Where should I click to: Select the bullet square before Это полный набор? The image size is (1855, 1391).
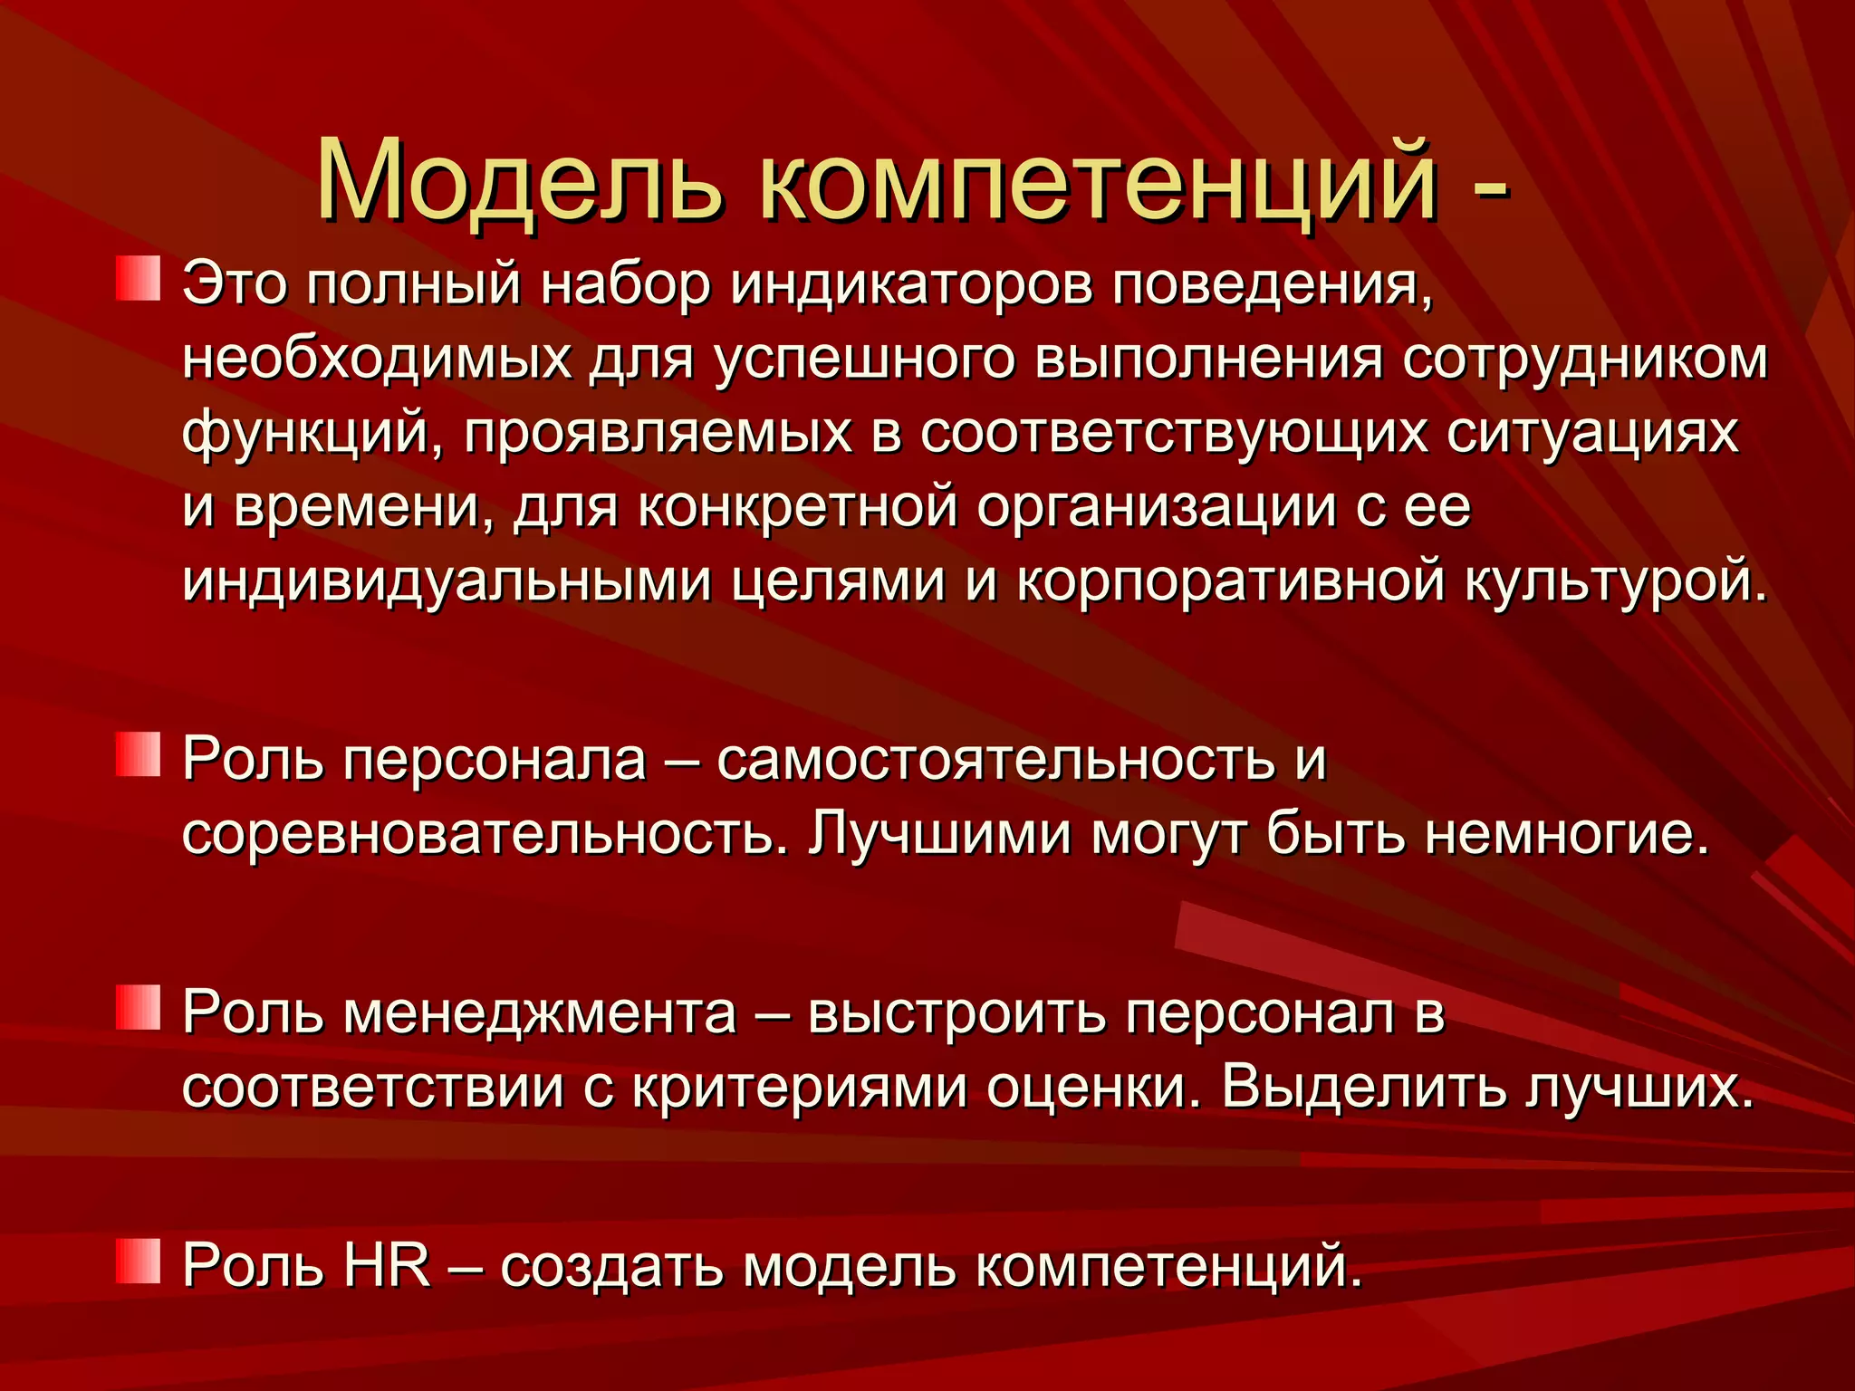tap(138, 279)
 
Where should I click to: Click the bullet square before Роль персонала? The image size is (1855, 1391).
tap(138, 755)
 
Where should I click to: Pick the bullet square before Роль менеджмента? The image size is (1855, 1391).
tap(138, 1008)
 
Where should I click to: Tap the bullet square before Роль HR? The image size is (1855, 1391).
tap(138, 1262)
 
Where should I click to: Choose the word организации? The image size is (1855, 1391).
tap(1156, 509)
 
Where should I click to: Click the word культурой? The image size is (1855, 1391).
tap(1616, 583)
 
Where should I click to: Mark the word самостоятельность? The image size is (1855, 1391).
tap(995, 759)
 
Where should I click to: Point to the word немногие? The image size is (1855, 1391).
tap(1566, 833)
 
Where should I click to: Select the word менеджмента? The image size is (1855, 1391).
tap(540, 1012)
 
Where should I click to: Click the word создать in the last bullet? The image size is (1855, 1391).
tap(611, 1266)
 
